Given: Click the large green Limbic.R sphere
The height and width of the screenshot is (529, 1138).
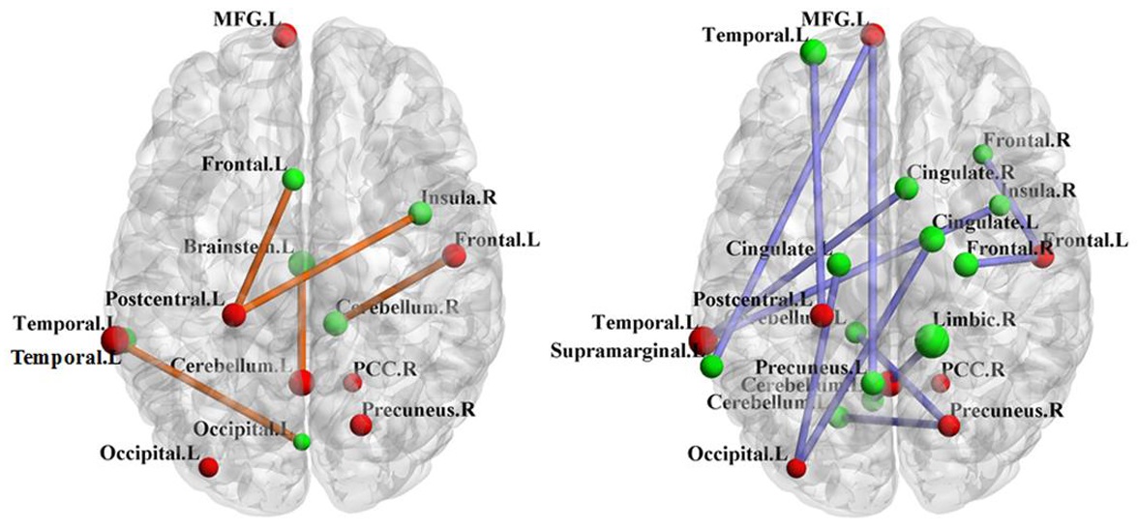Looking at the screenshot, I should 931,339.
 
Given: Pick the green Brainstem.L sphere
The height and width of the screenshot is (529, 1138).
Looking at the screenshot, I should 301,261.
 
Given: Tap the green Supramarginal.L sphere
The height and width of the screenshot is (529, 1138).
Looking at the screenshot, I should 712,366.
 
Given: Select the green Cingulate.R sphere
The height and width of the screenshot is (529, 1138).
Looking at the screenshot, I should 907,189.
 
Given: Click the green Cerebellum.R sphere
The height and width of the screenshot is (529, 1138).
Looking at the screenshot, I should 335,323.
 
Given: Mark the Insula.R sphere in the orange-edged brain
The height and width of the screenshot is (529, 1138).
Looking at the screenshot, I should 420,212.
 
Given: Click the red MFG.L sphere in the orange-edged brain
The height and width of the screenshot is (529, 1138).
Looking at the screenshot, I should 284,36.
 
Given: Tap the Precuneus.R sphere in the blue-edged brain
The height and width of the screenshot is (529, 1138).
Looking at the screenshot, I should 948,424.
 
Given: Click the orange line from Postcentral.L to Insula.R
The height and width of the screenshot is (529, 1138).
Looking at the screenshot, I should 329,262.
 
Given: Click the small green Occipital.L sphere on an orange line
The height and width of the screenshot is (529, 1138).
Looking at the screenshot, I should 302,442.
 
